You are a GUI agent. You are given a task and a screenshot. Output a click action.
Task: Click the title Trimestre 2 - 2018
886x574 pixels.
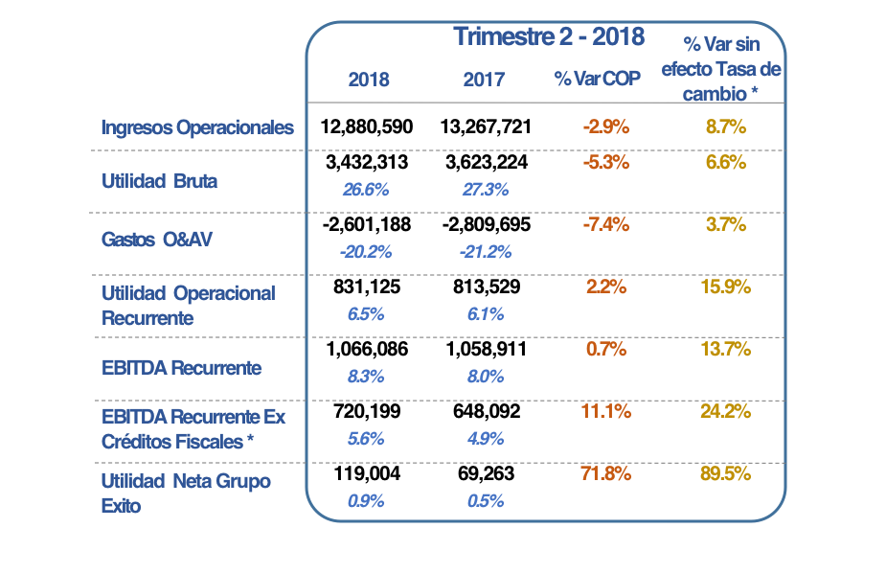[x=549, y=37]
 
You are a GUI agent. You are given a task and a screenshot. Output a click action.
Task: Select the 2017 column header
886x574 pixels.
[x=484, y=80]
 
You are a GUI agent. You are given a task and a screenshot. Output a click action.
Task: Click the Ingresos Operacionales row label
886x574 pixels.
[x=197, y=127]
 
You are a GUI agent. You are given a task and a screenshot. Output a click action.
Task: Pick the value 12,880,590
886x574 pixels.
[x=367, y=126]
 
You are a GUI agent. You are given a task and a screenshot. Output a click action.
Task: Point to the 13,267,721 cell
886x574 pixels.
[x=486, y=126]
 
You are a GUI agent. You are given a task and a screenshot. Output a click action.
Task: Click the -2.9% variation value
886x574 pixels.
[x=605, y=126]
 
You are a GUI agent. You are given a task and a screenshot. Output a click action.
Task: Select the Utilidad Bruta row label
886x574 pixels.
[x=159, y=180]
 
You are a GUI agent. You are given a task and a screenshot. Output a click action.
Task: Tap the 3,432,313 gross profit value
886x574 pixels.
[x=367, y=163]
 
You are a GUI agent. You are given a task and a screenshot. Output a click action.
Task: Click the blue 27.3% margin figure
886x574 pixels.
[x=485, y=189]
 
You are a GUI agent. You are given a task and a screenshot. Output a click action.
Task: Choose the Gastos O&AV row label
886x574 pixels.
[x=156, y=240]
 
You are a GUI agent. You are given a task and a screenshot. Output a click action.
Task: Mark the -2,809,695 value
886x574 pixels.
[x=486, y=224]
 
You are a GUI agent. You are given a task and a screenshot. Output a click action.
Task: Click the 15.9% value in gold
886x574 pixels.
[x=725, y=287]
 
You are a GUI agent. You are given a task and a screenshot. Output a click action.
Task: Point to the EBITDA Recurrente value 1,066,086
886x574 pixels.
[x=367, y=350]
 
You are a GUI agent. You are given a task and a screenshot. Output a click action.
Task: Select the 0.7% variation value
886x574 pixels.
[x=605, y=350]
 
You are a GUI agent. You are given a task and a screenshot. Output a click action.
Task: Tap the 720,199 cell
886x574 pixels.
[x=367, y=412]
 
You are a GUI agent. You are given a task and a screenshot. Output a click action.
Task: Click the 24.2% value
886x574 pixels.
[x=725, y=412]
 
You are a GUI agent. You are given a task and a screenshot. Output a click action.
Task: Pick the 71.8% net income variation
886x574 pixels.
[x=605, y=474]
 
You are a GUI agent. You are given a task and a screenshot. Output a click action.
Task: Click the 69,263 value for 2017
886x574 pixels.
[x=486, y=474]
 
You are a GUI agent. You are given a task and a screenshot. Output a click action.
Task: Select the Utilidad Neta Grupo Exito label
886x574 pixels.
[x=186, y=493]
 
